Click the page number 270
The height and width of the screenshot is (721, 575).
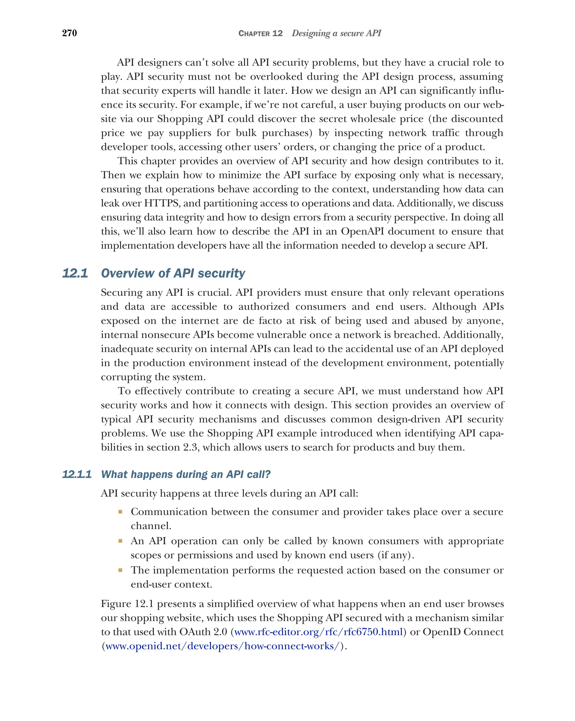pyautogui.click(x=70, y=33)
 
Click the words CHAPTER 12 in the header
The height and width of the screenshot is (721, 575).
pyautogui.click(x=260, y=33)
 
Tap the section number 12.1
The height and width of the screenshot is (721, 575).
pyautogui.click(x=75, y=273)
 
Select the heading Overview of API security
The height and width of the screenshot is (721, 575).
pyautogui.click(x=173, y=273)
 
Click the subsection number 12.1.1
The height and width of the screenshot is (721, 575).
pyautogui.click(x=77, y=474)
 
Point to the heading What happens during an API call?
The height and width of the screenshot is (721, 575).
pyautogui.click(x=186, y=474)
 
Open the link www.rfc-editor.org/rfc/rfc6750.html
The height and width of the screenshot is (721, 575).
pyautogui.click(x=318, y=632)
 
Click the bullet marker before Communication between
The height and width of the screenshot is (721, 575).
pyautogui.click(x=120, y=512)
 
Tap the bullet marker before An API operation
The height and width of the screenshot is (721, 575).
pyautogui.click(x=120, y=541)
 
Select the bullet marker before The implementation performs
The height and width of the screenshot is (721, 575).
pyautogui.click(x=120, y=570)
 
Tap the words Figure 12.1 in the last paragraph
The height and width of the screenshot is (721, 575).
pyautogui.click(x=127, y=604)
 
